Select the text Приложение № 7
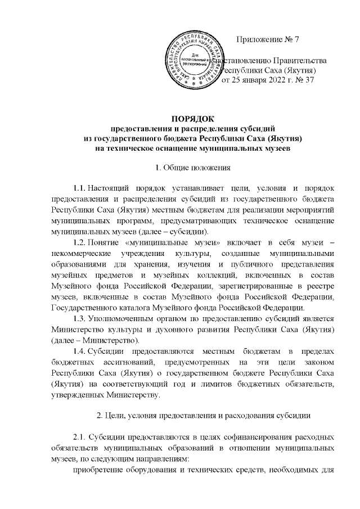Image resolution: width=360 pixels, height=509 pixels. [x=269, y=40]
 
